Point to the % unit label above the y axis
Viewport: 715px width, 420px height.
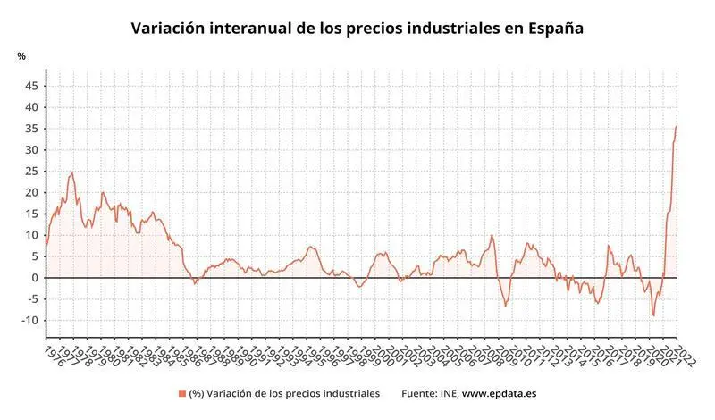[21, 56]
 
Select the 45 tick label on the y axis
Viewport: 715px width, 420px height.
[31, 86]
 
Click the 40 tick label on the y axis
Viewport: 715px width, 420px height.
[31, 107]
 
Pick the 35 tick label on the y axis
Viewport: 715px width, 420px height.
[31, 129]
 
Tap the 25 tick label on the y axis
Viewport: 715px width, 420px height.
[31, 171]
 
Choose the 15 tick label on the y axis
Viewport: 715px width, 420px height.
[31, 214]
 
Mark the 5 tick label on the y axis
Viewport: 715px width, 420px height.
[34, 256]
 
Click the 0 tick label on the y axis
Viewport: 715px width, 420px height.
[34, 278]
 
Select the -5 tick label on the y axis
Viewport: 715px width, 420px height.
[32, 299]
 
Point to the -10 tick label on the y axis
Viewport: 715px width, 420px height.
[30, 321]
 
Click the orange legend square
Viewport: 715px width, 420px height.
[182, 393]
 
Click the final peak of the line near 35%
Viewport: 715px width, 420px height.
[676, 126]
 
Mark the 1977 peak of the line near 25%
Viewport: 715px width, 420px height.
[72, 172]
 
